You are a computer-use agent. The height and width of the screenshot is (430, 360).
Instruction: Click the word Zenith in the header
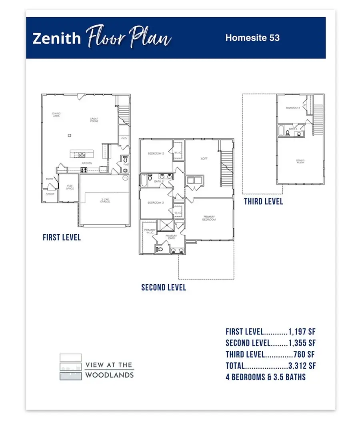click(56, 38)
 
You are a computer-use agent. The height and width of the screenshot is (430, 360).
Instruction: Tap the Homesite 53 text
click(252, 38)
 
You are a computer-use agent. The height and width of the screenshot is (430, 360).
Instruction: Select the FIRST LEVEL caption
click(62, 237)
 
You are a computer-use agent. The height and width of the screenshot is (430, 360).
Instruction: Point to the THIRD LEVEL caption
click(263, 201)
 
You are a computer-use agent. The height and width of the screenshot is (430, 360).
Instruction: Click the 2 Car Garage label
click(105, 201)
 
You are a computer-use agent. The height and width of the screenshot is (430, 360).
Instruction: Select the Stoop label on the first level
click(50, 194)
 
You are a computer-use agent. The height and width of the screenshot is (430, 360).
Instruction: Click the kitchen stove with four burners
click(84, 170)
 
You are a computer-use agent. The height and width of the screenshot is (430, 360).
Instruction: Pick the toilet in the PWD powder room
click(125, 159)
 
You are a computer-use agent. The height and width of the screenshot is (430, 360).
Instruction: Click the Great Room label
click(94, 120)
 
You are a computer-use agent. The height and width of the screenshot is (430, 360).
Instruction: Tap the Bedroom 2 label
click(156, 154)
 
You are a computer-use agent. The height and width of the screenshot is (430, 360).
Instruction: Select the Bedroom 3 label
click(156, 203)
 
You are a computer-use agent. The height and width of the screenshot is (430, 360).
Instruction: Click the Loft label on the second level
click(204, 159)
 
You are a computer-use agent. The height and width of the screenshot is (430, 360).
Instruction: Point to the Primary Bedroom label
click(209, 218)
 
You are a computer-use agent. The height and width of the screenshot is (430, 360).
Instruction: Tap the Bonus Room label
click(300, 161)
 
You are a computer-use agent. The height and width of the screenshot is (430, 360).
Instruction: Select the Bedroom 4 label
click(293, 108)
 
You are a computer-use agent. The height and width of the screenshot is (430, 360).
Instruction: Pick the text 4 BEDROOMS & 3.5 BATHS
click(266, 377)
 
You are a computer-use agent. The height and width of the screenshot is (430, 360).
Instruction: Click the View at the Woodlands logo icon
click(71, 366)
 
